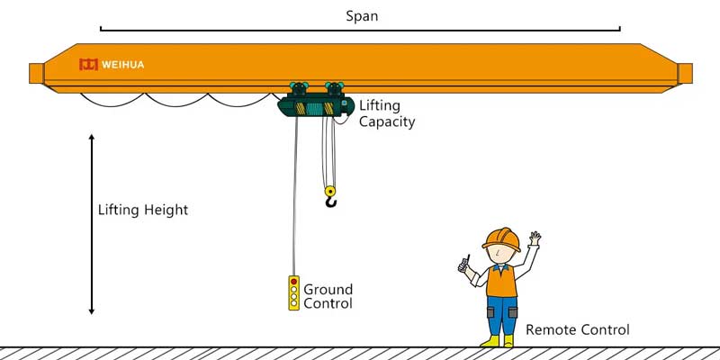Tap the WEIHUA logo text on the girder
122,64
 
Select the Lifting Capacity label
387,113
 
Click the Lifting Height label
143,210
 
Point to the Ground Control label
328,296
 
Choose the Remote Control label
577,329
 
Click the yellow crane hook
330,195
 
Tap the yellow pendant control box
293,293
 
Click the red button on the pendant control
293,282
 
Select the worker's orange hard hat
501,238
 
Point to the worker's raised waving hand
535,239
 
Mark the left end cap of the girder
36,73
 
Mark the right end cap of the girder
684,73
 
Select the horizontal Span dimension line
360,30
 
